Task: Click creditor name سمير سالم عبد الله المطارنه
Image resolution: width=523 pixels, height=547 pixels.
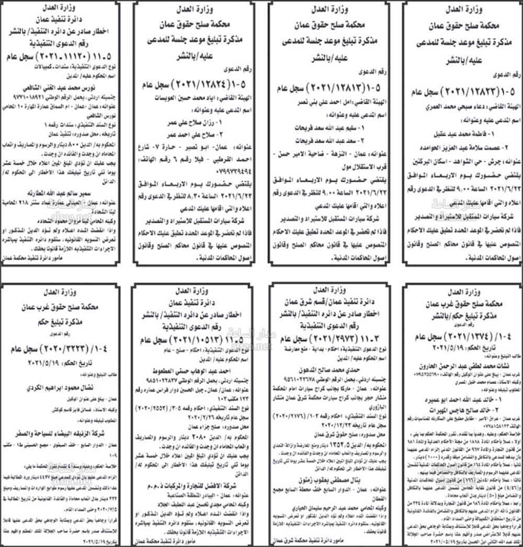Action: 61,187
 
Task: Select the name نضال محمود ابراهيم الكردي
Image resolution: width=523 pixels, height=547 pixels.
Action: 61,388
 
